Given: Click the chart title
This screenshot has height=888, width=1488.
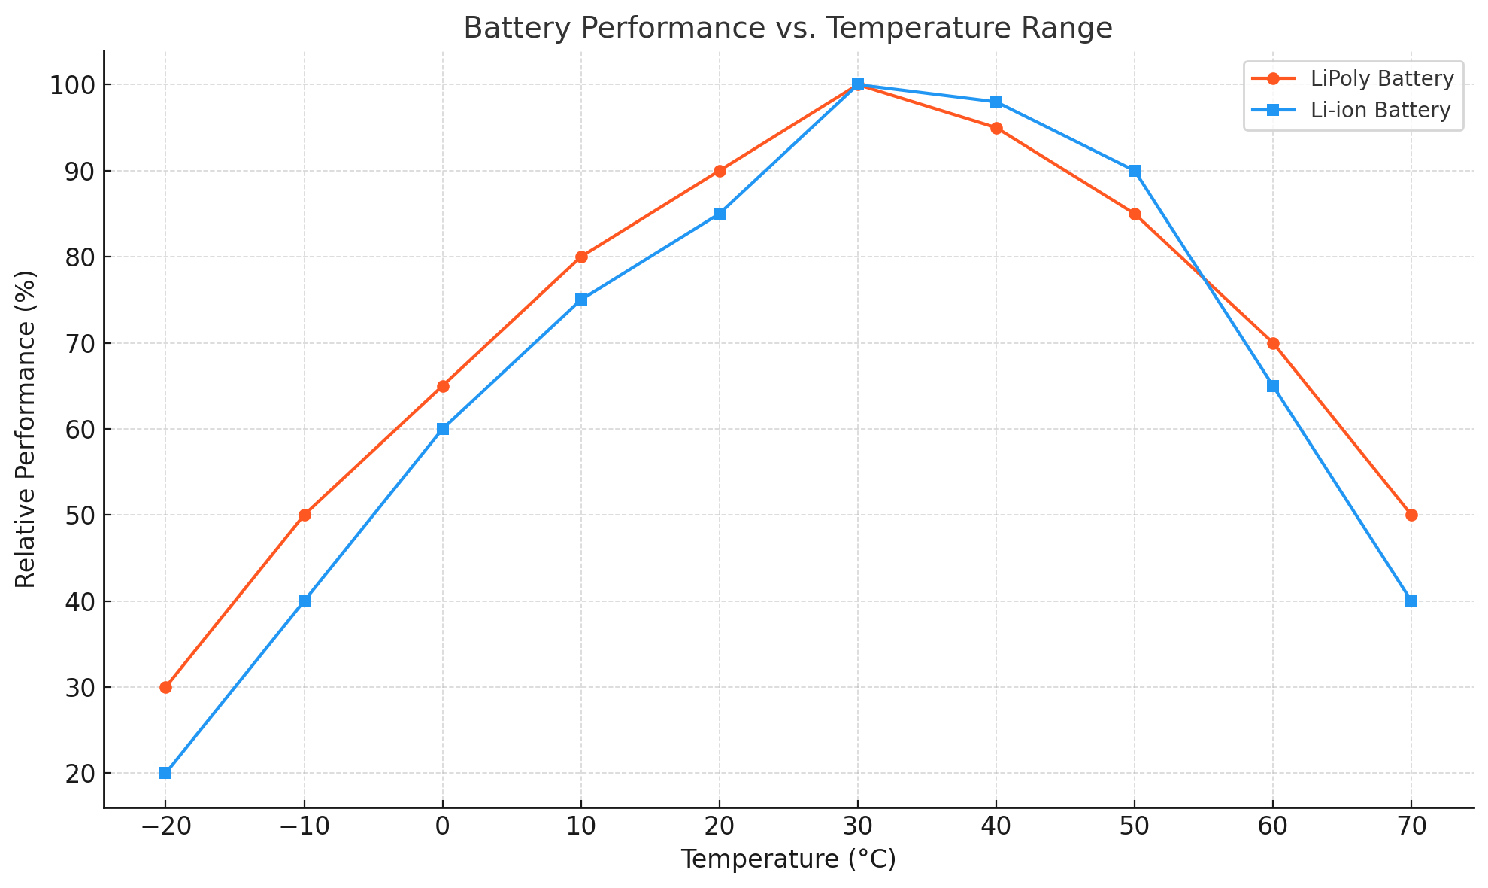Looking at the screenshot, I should click(787, 28).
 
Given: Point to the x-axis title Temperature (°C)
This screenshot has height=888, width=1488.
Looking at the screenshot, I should click(788, 859).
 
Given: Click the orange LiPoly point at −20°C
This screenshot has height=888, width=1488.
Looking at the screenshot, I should click(165, 687).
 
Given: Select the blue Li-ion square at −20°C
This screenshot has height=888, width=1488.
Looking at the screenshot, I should click(165, 773).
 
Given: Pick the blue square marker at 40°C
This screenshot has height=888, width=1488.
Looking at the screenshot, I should click(996, 102).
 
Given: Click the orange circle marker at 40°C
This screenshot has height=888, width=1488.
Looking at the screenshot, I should click(996, 128).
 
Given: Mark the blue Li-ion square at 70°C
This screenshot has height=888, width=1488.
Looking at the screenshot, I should click(1411, 601).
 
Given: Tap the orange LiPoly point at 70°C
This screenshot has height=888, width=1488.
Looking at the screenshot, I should click(1411, 515).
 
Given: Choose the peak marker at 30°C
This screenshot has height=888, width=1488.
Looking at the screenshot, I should click(858, 84).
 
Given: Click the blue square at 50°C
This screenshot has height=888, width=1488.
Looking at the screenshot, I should click(1135, 171).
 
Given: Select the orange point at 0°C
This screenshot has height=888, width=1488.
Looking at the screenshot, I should click(443, 386).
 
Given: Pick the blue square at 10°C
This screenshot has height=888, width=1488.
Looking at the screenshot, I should click(581, 300).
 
